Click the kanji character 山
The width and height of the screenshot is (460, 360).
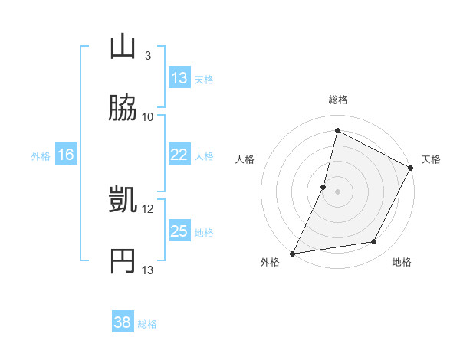pos(123,47)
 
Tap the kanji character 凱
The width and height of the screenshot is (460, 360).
pos(123,200)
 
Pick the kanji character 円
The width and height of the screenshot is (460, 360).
pos(123,261)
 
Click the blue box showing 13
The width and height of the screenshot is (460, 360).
pos(179,78)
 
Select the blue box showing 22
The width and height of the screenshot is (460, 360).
pos(179,155)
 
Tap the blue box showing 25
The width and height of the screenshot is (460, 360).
pos(179,231)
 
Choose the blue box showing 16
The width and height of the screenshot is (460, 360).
pos(65,155)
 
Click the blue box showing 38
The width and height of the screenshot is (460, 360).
pos(123,322)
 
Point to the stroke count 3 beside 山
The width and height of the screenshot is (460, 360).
pos(147,56)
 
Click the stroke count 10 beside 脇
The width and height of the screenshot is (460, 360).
pos(148,116)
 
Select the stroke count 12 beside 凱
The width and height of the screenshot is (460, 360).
pos(148,208)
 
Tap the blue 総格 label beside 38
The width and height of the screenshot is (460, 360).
pos(147,324)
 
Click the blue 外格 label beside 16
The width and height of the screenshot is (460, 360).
pos(41,156)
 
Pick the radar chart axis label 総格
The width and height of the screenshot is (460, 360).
pos(337,100)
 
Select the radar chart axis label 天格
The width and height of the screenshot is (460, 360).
pos(431,159)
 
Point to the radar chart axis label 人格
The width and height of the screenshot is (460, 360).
pos(245,159)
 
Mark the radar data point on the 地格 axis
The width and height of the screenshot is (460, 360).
pos(374,242)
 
